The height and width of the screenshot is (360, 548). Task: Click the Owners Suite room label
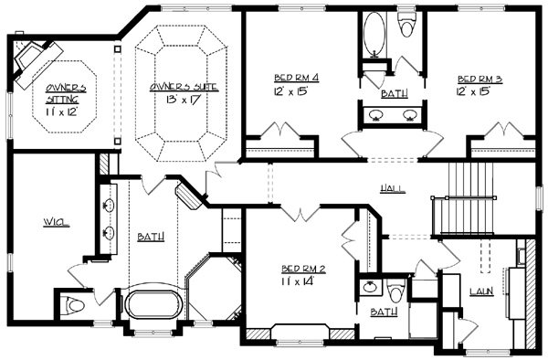184,88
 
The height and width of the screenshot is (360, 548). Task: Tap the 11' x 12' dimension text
61,111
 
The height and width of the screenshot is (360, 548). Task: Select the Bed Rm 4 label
296,78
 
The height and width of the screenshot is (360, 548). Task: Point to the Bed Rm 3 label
479,79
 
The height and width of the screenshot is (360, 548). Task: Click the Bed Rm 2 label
304,269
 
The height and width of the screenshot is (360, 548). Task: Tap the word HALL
393,189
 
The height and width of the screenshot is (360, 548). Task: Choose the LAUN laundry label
481,291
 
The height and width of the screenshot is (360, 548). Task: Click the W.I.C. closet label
57,222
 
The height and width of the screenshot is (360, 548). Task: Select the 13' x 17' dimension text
184,100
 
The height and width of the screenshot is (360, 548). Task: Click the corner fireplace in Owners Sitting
34,59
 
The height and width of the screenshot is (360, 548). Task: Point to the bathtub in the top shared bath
374,34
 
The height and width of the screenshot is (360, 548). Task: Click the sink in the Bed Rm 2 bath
369,287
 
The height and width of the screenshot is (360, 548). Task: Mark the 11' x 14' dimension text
297,281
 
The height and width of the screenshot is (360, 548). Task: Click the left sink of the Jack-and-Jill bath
375,114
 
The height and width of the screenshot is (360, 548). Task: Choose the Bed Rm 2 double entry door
300,213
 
